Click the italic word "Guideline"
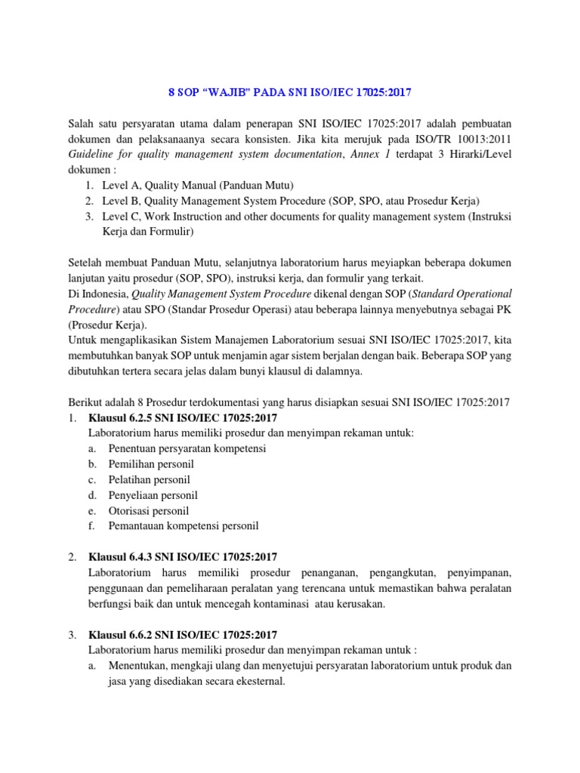tap(92, 155)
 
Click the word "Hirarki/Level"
tap(480, 155)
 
